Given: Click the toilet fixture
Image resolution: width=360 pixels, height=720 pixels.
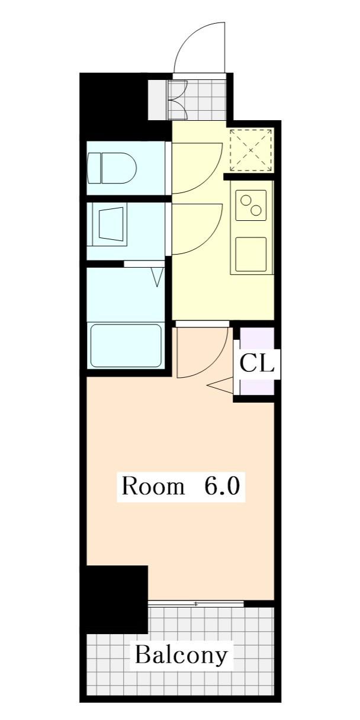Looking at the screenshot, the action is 112,168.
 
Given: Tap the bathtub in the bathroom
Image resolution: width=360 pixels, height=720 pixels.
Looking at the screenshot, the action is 126,346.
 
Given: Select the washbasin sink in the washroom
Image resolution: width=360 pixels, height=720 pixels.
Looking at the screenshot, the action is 111,224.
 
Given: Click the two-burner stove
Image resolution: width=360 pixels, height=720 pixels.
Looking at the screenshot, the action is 251,205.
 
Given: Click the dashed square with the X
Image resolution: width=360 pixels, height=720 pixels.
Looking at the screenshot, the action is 251,150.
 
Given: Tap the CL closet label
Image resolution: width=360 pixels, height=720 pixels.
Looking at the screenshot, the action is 257,363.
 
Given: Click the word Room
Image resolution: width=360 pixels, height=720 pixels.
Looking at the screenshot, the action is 153,486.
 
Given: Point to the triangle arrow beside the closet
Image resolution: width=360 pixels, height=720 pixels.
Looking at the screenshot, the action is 220,385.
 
